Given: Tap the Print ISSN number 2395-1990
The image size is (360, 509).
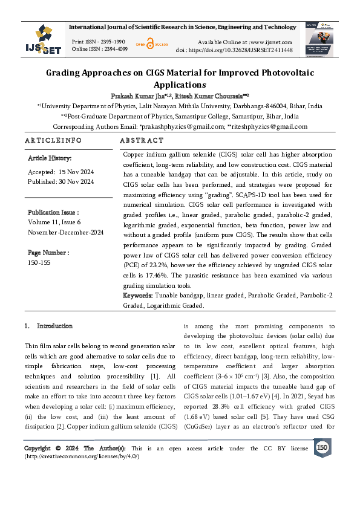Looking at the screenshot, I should pyautogui.click(x=111, y=41).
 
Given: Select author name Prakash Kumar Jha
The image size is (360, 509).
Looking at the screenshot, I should pyautogui.click(x=134, y=96).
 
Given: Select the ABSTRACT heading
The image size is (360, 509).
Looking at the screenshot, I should pyautogui.click(x=142, y=140).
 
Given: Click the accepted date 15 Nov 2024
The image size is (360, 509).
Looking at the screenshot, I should pyautogui.click(x=75, y=172).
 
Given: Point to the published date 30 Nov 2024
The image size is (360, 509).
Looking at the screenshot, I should pyautogui.click(x=77, y=181).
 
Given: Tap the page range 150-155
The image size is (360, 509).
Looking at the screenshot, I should pyautogui.click(x=40, y=262).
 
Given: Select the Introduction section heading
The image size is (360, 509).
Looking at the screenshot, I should pyautogui.click(x=54, y=326).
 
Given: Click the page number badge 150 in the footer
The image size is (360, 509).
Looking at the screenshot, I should pyautogui.click(x=322, y=447).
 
